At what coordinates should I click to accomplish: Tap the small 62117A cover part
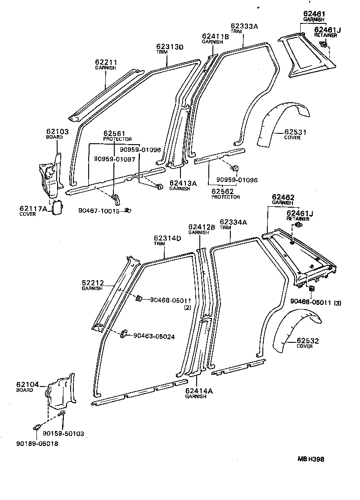click(x=58, y=209)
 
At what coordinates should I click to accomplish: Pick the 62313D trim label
click(x=170, y=46)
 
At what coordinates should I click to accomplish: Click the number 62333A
click(x=244, y=26)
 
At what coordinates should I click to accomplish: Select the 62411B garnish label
click(x=215, y=36)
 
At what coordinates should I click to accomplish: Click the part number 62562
click(x=225, y=191)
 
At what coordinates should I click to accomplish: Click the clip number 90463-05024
click(x=154, y=336)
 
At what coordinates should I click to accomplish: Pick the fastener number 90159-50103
click(x=63, y=433)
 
